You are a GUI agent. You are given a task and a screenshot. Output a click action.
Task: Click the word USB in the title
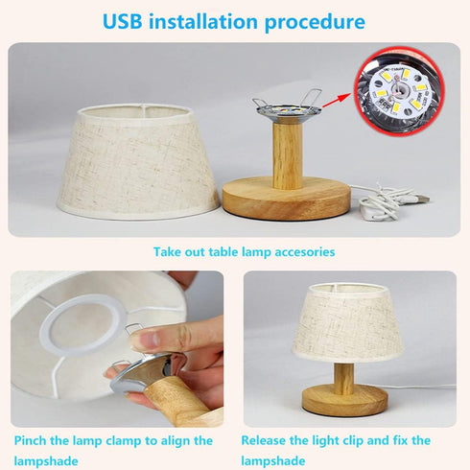tap(129, 20)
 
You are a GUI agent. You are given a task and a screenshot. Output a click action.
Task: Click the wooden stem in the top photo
tap(285, 153)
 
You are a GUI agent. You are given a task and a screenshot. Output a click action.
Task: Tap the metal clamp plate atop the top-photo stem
tap(285, 110)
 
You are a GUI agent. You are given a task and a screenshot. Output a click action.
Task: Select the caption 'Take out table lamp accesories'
tap(244, 252)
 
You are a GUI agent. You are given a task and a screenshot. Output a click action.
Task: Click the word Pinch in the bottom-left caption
tap(35, 441)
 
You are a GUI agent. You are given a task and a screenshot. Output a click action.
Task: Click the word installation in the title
tap(208, 20)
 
